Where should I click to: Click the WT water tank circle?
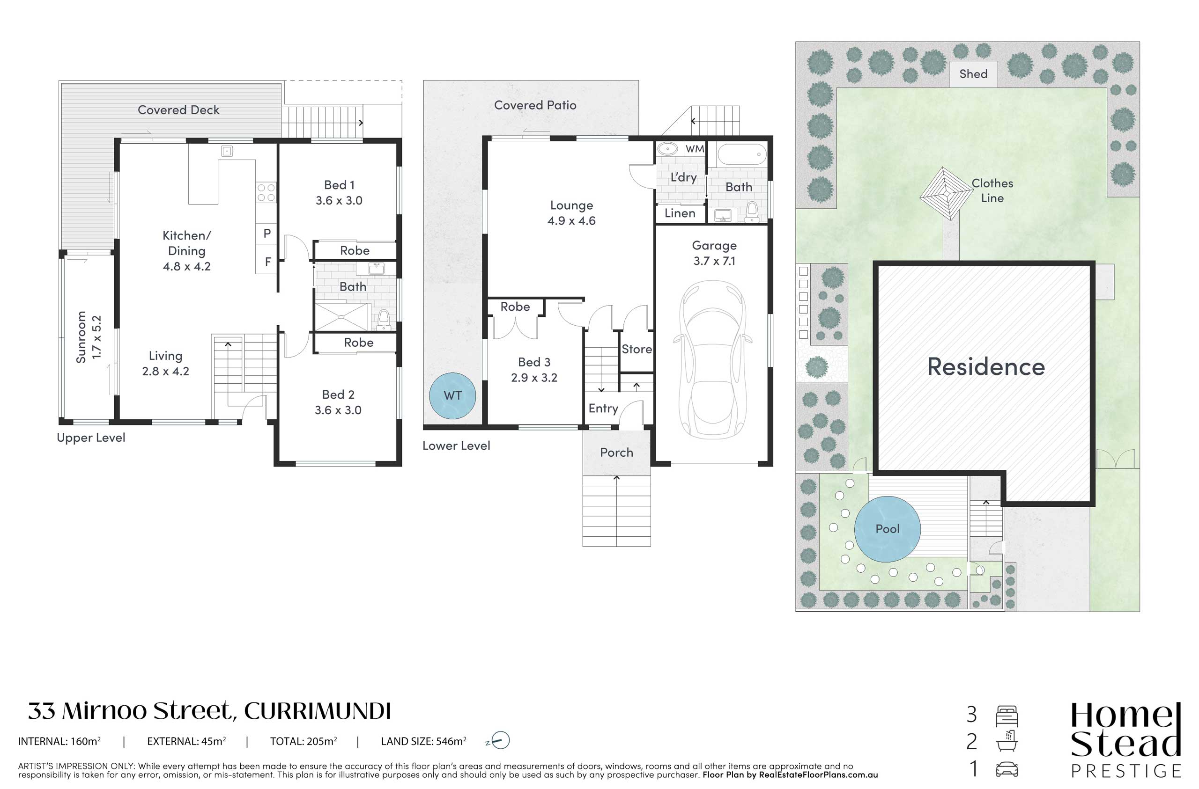[x=452, y=395]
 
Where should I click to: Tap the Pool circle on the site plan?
[x=887, y=529]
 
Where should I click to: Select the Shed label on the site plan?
[x=973, y=74]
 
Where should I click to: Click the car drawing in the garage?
[x=713, y=359]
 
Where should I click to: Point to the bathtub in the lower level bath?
[x=741, y=154]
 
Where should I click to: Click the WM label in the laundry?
[x=695, y=149]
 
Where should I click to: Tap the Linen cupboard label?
[x=680, y=213]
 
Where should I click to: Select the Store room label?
[x=637, y=349]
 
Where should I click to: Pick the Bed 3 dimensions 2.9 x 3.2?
[x=534, y=378]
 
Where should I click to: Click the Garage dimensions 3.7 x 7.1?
[x=714, y=261]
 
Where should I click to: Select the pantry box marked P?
[x=267, y=234]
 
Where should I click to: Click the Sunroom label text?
[x=81, y=337]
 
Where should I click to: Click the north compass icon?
[x=497, y=740]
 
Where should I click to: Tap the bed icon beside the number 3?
[x=1007, y=716]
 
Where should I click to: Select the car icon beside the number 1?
[x=1007, y=769]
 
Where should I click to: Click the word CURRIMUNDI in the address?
[x=318, y=711]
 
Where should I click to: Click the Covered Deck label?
[x=178, y=110]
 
